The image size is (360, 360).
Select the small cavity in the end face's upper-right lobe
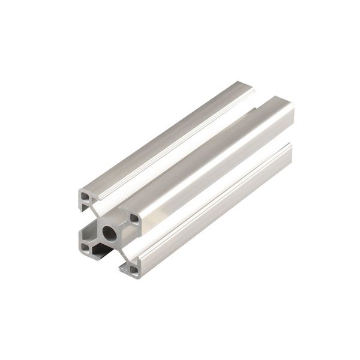134,219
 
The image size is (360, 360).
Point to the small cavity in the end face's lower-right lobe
133,270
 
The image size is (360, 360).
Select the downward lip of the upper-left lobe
81,207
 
